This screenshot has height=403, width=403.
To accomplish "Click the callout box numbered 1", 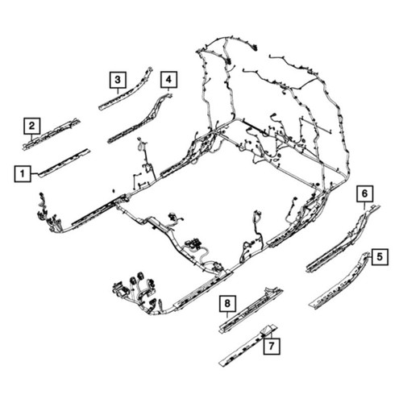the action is [x=23, y=174].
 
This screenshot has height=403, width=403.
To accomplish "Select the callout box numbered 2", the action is [x=32, y=126].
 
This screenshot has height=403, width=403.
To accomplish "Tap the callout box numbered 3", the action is [x=118, y=80].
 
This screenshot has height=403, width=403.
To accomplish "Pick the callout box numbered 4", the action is [x=168, y=80].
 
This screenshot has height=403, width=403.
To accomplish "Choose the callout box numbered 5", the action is [x=380, y=257].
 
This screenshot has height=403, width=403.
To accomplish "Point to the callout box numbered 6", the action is [x=365, y=193].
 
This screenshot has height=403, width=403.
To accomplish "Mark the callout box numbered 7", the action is [x=272, y=346].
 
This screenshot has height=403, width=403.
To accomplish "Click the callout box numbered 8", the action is [x=227, y=304].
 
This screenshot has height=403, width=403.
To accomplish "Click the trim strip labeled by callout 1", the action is [x=64, y=163].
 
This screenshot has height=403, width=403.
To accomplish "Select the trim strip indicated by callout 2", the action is [x=51, y=134].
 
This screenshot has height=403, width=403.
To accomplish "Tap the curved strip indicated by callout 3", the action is [x=127, y=89].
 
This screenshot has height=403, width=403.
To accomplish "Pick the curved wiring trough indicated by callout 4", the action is [x=139, y=118].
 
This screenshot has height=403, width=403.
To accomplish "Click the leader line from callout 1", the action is [x=35, y=174].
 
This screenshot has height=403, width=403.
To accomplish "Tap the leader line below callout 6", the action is [x=364, y=206].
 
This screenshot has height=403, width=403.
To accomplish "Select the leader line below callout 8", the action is [x=227, y=315].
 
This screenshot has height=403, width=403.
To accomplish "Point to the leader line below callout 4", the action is [x=168, y=90].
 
